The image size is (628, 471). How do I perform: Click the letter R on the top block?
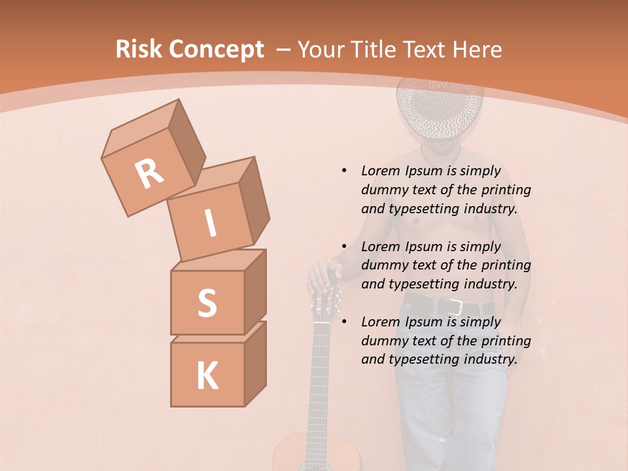pyautogui.click(x=149, y=174)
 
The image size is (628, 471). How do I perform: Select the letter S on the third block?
pyautogui.click(x=207, y=303)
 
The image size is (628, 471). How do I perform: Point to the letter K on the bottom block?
pyautogui.click(x=207, y=376)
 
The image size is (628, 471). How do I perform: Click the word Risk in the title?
pyautogui.click(x=138, y=50)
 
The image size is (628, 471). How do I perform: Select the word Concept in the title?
pyautogui.click(x=216, y=50)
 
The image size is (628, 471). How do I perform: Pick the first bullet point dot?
pyautogui.click(x=344, y=171)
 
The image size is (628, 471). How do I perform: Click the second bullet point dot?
pyautogui.click(x=344, y=247)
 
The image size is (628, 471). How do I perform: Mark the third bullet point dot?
pyautogui.click(x=344, y=322)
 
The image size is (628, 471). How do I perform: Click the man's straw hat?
pyautogui.click(x=440, y=108)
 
